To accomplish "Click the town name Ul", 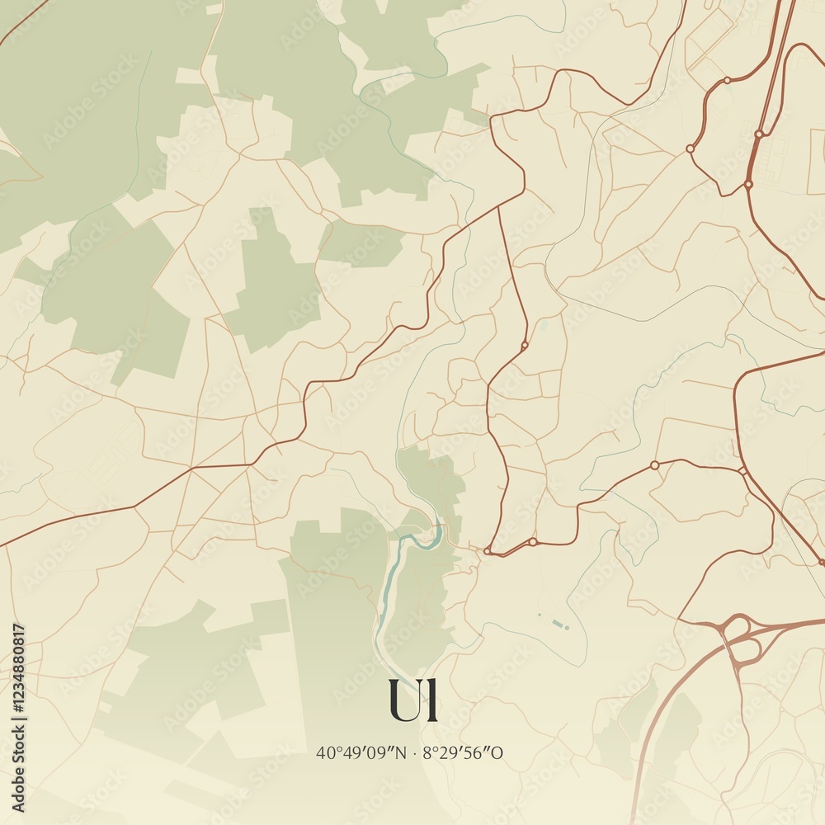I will tap(412, 700).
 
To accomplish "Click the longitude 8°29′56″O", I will tap(463, 752).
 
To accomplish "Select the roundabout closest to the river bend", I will tap(488, 550).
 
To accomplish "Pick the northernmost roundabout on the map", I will tap(727, 81).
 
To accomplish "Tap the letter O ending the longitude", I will tap(497, 752).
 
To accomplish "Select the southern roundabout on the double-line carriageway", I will tap(749, 184).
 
